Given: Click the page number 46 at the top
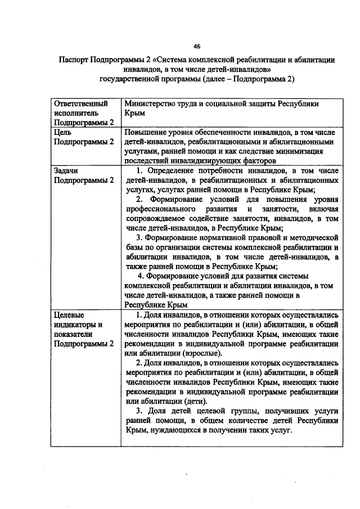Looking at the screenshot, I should click(x=196, y=46).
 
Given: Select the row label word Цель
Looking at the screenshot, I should click(x=63, y=132).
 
